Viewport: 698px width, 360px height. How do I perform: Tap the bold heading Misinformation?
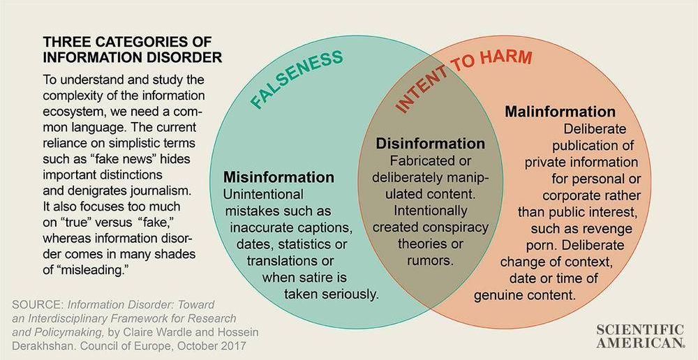pos(279,177)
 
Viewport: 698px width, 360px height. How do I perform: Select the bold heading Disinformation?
pos(431,144)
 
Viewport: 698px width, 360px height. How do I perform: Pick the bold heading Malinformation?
pos(560,112)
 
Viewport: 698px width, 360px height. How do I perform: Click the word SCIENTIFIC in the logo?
pos(641,329)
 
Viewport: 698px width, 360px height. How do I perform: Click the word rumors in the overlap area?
pos(430,261)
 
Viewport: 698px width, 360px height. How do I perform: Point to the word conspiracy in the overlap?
pos(460,227)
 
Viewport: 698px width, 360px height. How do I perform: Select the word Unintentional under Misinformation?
pos(263,194)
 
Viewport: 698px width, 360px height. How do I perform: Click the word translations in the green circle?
pos(279,261)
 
